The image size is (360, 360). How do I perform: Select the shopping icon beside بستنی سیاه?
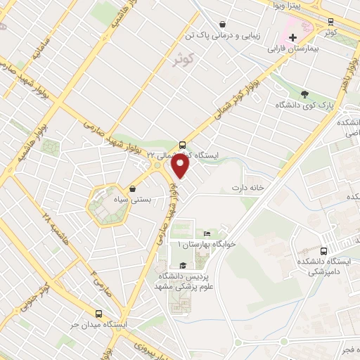pyautogui.click(x=133, y=188)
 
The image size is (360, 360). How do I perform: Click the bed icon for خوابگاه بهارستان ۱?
pyautogui.click(x=206, y=233)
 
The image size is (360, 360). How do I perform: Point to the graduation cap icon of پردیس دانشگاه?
pyautogui.click(x=184, y=265)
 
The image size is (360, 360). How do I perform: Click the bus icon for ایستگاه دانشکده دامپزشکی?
pyautogui.click(x=323, y=251)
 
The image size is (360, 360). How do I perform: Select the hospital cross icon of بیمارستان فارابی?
pyautogui.click(x=292, y=37)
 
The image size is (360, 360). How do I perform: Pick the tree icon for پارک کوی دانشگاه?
pyautogui.click(x=304, y=94)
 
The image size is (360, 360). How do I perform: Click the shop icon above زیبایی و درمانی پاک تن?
pyautogui.click(x=223, y=23)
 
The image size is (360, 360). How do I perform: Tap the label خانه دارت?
pyautogui.click(x=249, y=188)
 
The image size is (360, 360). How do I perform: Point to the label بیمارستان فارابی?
pyautogui.click(x=292, y=51)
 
